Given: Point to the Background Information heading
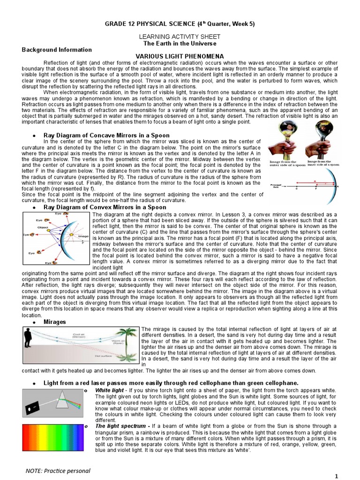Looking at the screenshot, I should tap(57, 50).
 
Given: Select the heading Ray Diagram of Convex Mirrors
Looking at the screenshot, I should tap(105, 207).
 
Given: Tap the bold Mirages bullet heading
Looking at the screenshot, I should tap(55, 322).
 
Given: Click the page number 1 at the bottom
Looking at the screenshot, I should tap(336, 476).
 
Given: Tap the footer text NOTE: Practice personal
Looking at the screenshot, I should tap(58, 470).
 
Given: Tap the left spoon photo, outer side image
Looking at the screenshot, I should tap(284, 138).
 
